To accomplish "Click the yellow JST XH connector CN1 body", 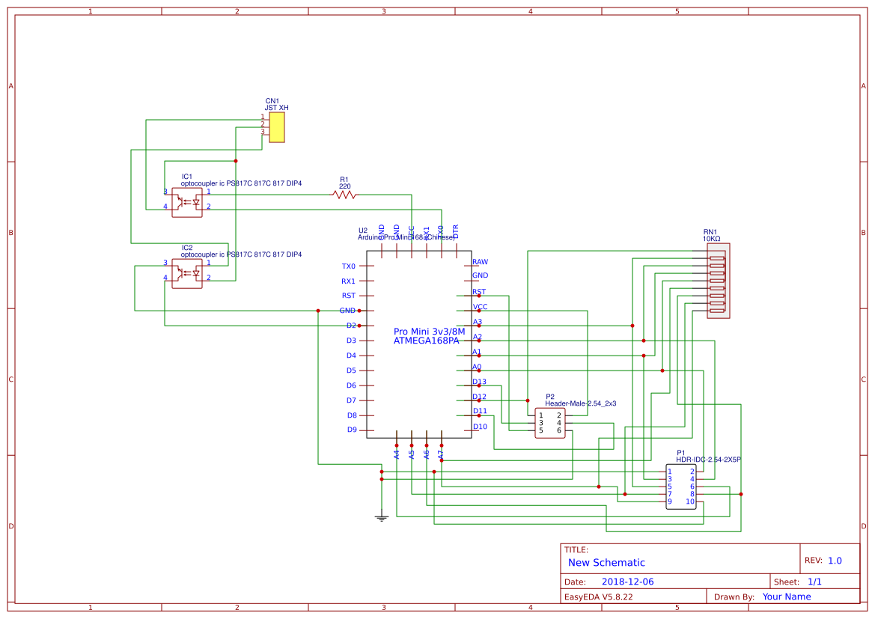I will (x=276, y=127).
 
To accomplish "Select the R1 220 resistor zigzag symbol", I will (x=344, y=195).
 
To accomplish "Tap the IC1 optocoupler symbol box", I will (x=186, y=202).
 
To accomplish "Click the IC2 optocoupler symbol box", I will (x=186, y=273).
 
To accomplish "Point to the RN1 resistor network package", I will (x=718, y=281).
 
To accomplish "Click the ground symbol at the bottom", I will (x=382, y=516).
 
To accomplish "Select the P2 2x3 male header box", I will (x=550, y=423).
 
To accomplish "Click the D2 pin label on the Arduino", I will (x=351, y=326).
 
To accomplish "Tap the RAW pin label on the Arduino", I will (x=480, y=262).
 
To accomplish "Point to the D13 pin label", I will (x=479, y=382).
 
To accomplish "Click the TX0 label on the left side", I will (x=349, y=266).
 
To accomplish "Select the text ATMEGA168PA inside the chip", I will (x=427, y=341).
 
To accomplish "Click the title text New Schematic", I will (x=606, y=563).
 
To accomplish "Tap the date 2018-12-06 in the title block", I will (x=627, y=582).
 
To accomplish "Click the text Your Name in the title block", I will (x=786, y=597).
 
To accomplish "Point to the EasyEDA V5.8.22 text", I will (x=598, y=597).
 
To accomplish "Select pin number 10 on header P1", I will (x=690, y=501).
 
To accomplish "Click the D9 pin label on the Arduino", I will (x=351, y=430).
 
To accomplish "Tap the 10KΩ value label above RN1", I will (x=711, y=239).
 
